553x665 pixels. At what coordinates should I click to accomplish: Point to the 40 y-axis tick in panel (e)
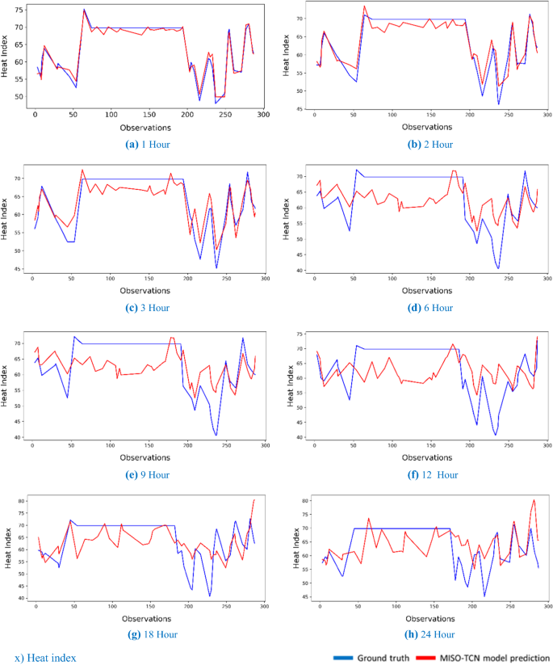tap(19, 437)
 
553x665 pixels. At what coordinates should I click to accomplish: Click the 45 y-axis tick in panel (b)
tap(301, 108)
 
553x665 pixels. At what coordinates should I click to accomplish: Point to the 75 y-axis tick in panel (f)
tap(300, 334)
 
